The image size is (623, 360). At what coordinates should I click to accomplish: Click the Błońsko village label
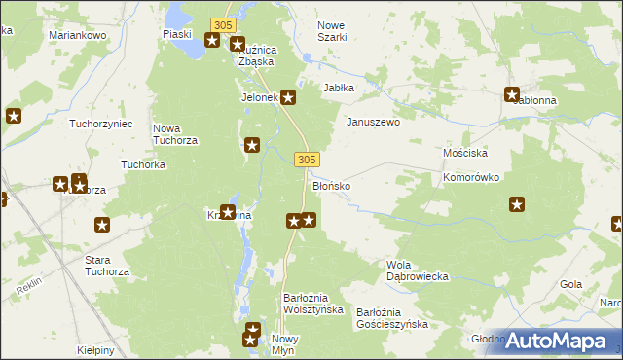[331, 184]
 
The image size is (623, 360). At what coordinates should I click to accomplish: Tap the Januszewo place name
[374, 123]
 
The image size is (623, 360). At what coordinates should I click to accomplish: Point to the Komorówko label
[471, 178]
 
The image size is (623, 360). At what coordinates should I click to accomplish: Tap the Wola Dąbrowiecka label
[417, 270]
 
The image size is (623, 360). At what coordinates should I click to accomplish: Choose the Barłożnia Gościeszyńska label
[391, 318]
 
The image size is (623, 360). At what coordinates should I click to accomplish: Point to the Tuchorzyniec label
[101, 124]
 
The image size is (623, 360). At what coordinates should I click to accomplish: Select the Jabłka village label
[339, 87]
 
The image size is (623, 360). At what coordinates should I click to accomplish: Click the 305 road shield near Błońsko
[306, 159]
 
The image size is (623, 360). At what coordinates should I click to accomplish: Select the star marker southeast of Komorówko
[517, 204]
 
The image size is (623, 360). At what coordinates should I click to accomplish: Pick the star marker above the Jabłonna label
[512, 94]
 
